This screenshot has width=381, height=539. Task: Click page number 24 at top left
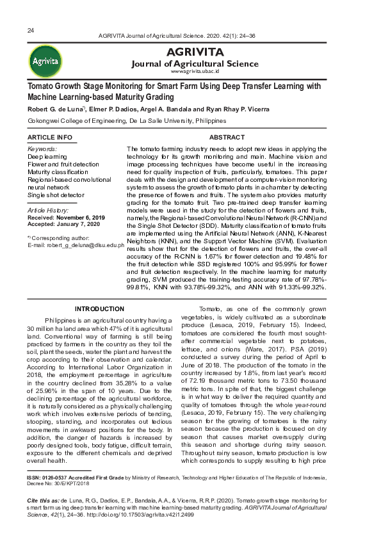pyautogui.click(x=31, y=31)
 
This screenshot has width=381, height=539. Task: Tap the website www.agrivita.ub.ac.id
pyautogui.click(x=195, y=72)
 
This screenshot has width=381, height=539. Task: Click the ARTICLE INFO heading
pyautogui.click(x=50, y=138)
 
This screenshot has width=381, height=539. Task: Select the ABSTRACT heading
pyautogui.click(x=227, y=138)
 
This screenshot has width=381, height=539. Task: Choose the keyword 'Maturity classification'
pyautogui.click(x=58, y=172)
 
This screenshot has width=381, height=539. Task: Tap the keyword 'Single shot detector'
pyautogui.click(x=55, y=195)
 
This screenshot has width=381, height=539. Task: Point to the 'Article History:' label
pyautogui.click(x=49, y=211)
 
